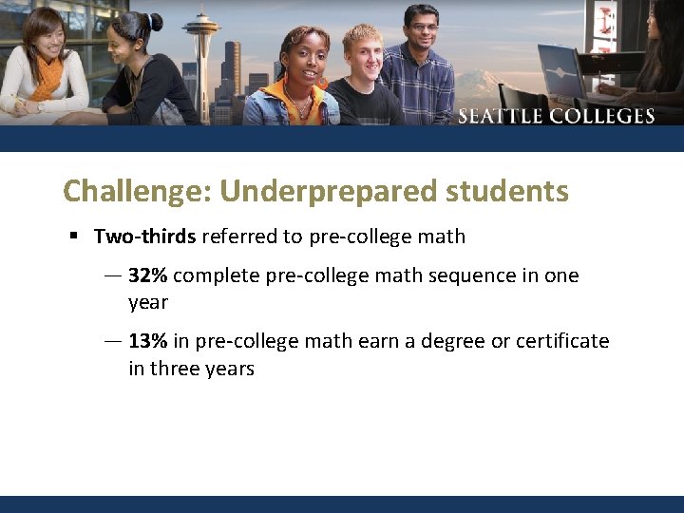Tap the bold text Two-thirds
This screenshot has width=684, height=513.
coord(144,237)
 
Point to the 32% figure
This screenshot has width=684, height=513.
coord(147,276)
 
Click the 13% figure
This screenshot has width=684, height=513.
coord(147,341)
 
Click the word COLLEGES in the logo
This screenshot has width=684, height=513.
coord(603,117)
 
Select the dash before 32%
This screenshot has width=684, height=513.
coord(112,276)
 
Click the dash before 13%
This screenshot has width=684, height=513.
coord(112,341)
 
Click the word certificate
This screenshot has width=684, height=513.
coord(560,341)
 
